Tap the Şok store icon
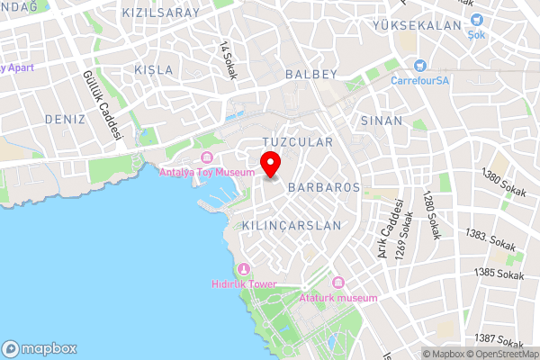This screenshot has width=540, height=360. point(477,20)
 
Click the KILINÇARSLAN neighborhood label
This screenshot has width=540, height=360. point(292,225)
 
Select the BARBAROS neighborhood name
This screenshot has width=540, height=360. point(324,187)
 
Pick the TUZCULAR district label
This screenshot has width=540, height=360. point(297,142)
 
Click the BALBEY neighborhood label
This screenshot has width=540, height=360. point(310,73)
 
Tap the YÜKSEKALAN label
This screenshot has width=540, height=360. point(417,26)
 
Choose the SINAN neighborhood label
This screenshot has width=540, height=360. point(381,120)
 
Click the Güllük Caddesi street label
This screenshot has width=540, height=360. point(102,104)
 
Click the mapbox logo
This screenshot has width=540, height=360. point(39,348)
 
